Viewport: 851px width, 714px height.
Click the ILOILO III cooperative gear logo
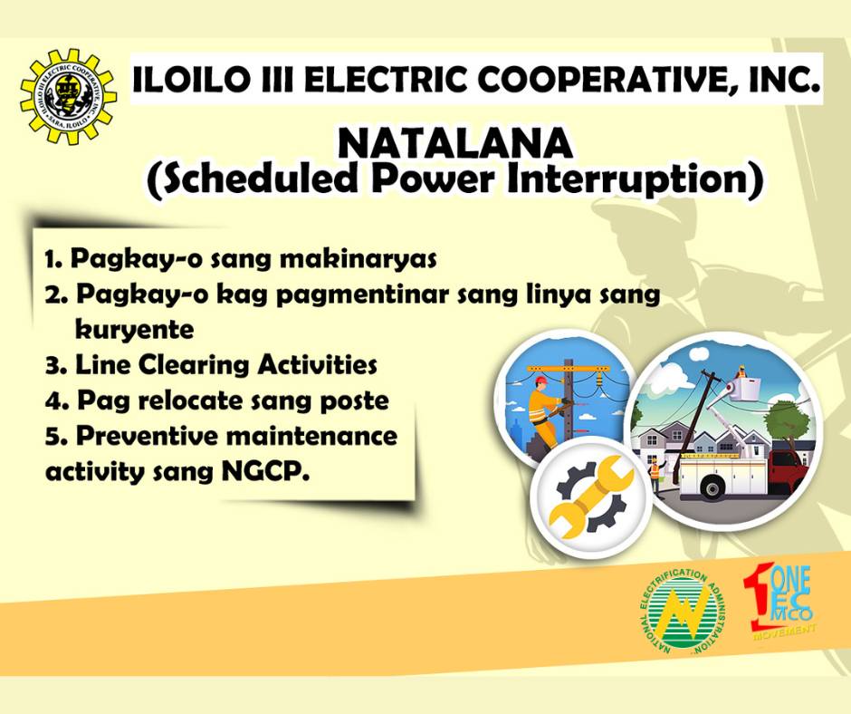pyautogui.click(x=69, y=97)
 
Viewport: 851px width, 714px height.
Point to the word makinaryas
pyautogui.click(x=358, y=258)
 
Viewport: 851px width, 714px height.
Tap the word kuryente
pyautogui.click(x=134, y=330)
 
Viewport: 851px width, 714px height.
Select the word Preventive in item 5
pyautogui.click(x=149, y=436)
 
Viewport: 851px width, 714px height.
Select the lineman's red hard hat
pyautogui.click(x=540, y=379)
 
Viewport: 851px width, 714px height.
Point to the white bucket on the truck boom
pyautogui.click(x=744, y=386)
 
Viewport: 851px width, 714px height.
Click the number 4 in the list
pyautogui.click(x=53, y=402)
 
